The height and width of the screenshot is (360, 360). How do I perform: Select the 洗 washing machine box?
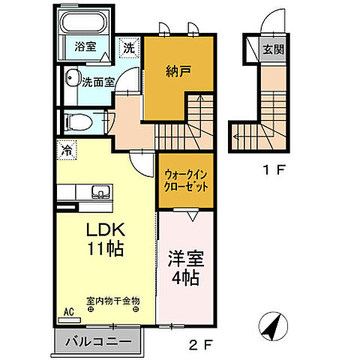coord(130,46)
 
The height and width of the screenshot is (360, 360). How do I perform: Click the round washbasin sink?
coord(72,79)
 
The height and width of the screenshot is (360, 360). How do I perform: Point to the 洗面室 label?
coord(97,82)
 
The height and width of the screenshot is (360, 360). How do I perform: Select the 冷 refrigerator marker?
coord(65,149)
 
